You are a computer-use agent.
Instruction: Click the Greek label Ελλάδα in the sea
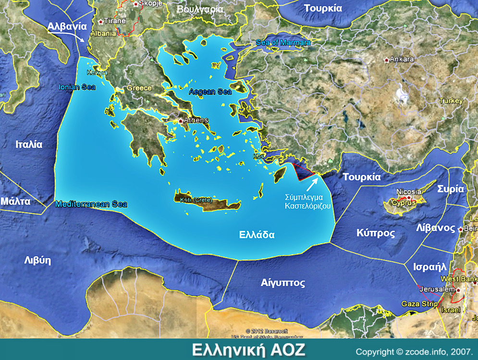click(257, 235)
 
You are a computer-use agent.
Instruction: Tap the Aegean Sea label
click(210, 91)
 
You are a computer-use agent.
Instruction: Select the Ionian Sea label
click(77, 87)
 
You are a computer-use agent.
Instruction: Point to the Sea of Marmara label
click(283, 43)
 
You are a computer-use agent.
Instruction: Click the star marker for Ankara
click(387, 60)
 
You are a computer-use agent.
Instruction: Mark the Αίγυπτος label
click(283, 283)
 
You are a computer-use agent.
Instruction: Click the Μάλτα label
click(15, 201)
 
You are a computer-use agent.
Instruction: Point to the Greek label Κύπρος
click(376, 233)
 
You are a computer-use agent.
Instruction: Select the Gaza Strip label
click(419, 304)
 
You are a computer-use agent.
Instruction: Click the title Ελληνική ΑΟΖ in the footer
click(248, 349)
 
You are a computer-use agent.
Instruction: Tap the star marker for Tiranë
click(100, 22)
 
